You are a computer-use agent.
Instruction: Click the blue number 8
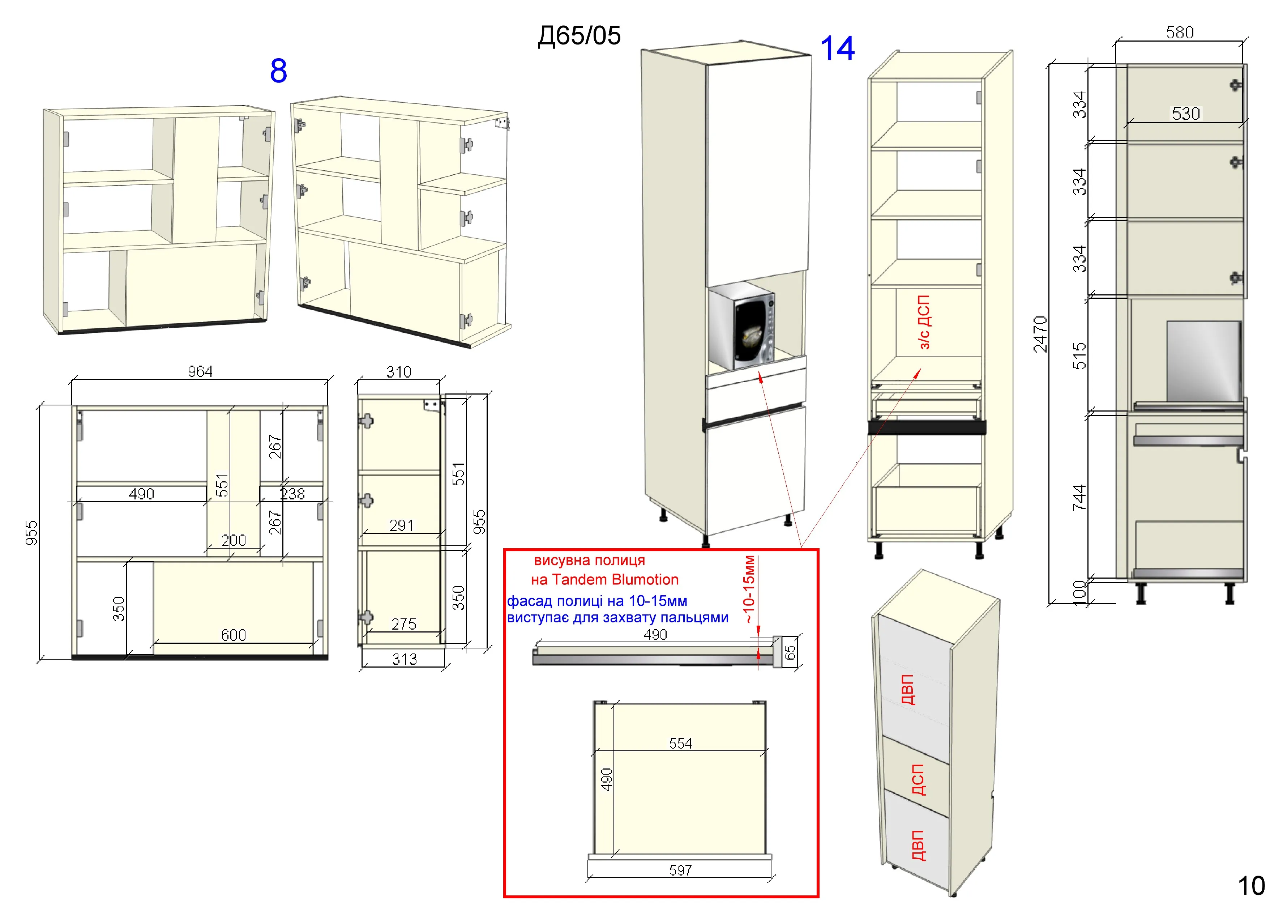tap(278, 71)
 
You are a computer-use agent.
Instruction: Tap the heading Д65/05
tap(579, 36)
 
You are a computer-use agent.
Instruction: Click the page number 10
tap(1251, 886)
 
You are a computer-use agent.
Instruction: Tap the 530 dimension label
tap(1186, 114)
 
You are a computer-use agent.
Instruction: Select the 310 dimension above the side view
tap(399, 372)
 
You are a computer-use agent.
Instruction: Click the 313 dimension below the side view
tap(405, 659)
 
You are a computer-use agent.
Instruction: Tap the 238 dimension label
tap(292, 494)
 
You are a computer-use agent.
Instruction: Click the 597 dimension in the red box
tap(680, 870)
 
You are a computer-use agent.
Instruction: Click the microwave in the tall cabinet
tap(741, 325)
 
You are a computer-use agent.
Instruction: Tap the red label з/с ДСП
tap(923, 321)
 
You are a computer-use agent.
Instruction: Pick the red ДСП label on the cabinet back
tap(918, 780)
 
